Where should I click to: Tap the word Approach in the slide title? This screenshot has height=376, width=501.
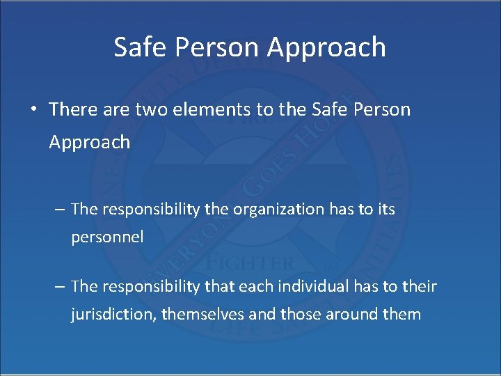coord(326,47)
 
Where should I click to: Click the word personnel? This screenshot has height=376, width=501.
coord(107,237)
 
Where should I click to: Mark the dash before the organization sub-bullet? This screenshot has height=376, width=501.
coord(60,209)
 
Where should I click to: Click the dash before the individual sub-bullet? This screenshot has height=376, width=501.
coord(60,286)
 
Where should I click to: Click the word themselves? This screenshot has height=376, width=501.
coord(202,314)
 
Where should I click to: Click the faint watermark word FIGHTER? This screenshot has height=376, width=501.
coord(250,263)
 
